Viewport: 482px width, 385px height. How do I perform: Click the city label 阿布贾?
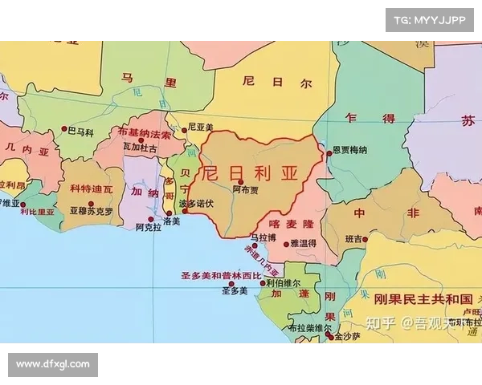tap(246, 190)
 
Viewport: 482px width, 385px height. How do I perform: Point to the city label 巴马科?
tap(80, 130)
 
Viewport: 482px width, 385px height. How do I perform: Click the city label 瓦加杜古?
tap(140, 148)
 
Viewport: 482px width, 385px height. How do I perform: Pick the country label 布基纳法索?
tap(145, 133)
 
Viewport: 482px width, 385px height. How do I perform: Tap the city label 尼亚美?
tap(200, 127)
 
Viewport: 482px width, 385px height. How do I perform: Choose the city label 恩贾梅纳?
tap(349, 149)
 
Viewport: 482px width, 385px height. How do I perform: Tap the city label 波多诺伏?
tap(196, 203)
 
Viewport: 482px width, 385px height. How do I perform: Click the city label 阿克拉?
tap(149, 227)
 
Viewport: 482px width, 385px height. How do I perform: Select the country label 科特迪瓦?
tap(92, 189)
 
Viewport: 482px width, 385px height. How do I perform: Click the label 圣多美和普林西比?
tap(221, 275)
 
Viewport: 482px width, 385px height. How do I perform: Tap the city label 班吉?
tap(353, 239)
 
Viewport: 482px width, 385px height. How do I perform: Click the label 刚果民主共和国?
tap(421, 298)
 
